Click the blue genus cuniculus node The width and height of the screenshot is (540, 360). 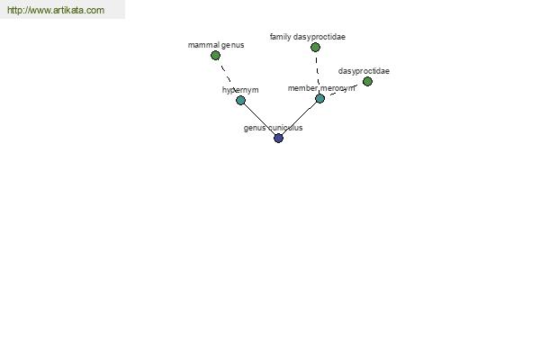tap(278, 138)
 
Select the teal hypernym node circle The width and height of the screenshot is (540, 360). tap(240, 100)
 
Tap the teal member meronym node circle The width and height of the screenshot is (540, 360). tap(319, 98)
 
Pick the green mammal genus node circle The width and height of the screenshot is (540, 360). tap(215, 55)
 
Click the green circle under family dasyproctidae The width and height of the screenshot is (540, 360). tap(315, 47)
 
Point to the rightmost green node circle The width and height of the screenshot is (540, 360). tap(367, 81)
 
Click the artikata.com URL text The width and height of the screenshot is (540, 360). tap(56, 10)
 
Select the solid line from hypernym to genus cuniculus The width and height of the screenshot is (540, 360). tap(260, 119)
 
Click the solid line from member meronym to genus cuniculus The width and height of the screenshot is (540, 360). tap(300, 118)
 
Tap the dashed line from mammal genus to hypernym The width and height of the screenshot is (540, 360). tap(226, 73)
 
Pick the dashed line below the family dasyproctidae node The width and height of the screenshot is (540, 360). tap(317, 70)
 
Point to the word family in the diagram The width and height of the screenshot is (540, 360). tap(280, 37)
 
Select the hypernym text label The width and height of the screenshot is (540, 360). tap(240, 90)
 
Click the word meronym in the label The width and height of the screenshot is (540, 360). tap(337, 88)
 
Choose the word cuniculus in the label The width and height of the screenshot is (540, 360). tap(285, 128)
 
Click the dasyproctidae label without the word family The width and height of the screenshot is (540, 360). tap(364, 71)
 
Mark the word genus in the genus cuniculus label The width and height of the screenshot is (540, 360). tap(255, 128)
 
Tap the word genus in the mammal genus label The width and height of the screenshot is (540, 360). tap(233, 45)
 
